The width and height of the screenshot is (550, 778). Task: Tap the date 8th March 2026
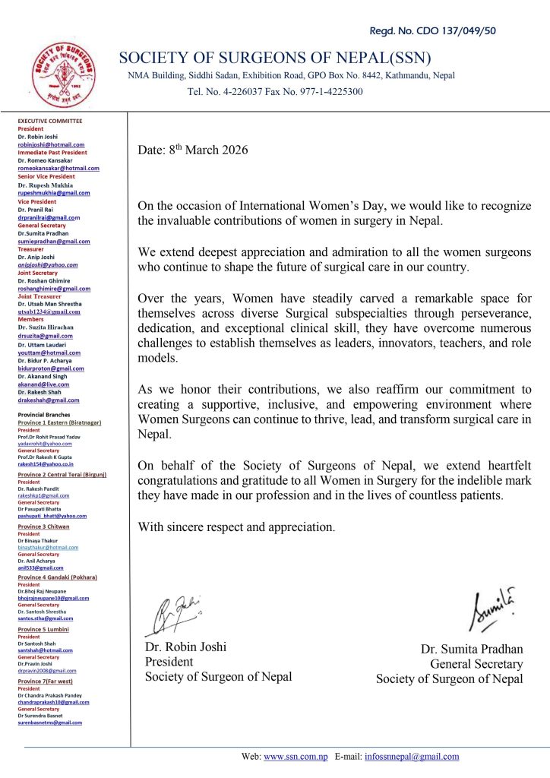pos(193,150)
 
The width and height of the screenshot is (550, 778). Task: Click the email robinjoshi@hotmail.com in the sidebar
pos(51,144)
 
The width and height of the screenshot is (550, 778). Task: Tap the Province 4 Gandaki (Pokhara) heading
pos(63,577)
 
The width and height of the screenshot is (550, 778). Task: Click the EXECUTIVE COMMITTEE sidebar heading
pos(50,121)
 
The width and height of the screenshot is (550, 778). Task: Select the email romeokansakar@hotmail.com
pos(58,168)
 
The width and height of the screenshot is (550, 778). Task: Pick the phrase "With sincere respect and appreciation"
pos(235,527)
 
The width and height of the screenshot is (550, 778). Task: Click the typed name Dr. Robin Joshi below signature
pos(185,647)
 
